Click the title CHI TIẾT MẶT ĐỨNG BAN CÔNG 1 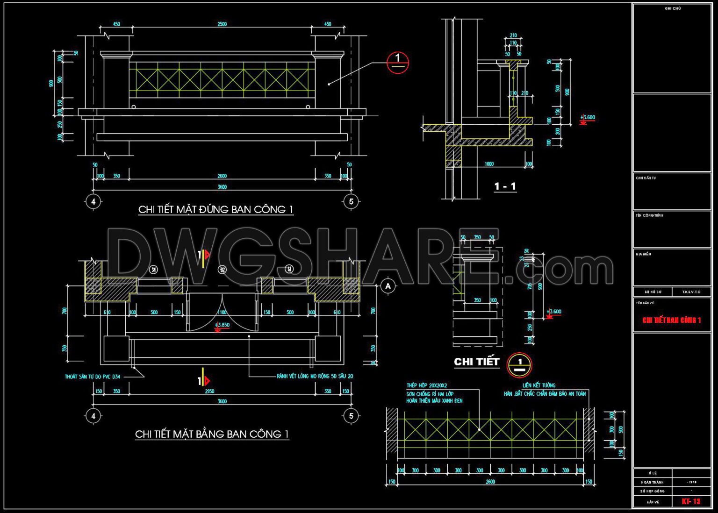(215, 209)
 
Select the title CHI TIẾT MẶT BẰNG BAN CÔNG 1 (212, 434)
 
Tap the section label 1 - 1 (505, 186)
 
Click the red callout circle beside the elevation (398, 62)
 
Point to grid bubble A (388, 286)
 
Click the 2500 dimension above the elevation (222, 24)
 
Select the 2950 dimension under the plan (209, 391)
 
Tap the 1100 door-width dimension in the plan (222, 312)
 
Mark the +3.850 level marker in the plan (222, 325)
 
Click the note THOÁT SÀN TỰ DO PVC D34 (93, 377)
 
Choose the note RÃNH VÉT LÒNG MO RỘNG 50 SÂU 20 (315, 376)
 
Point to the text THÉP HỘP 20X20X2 (426, 385)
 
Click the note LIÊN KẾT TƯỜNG (538, 385)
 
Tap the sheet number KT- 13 (691, 501)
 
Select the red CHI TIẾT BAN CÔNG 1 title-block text (672, 320)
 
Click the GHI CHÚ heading (673, 8)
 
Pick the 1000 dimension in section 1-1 (489, 164)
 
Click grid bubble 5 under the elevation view (351, 202)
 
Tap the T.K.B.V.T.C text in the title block (691, 292)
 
